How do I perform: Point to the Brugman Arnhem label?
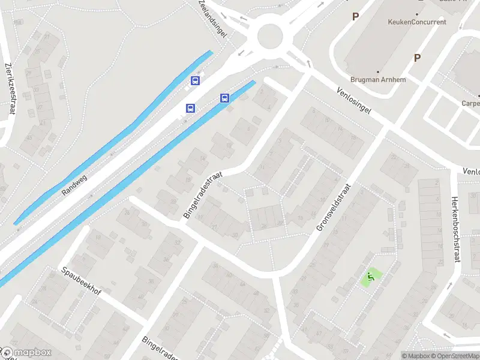click(x=378, y=80)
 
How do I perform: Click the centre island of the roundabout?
click(x=270, y=36)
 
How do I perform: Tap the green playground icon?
click(x=370, y=277)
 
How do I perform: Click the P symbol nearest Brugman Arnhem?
click(x=417, y=58)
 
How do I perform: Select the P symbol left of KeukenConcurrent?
click(x=355, y=17)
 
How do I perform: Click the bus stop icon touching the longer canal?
click(x=225, y=98)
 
